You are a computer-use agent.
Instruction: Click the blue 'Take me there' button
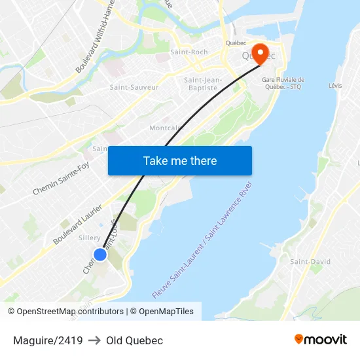click(x=180, y=160)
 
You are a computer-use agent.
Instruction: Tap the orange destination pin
click(x=260, y=54)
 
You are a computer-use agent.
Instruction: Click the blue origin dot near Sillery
click(x=99, y=255)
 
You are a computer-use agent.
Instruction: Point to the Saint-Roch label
click(x=189, y=52)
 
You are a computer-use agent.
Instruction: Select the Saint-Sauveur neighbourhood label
click(x=134, y=87)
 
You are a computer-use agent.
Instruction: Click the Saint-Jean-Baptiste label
click(x=199, y=84)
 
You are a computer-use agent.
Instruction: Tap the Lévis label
click(x=335, y=86)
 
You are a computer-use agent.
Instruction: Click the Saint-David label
click(x=310, y=262)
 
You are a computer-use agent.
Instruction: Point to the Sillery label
click(x=89, y=238)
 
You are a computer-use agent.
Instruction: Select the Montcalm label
click(x=164, y=128)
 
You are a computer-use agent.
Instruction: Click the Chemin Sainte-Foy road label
click(x=60, y=179)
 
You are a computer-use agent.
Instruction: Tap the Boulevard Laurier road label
click(x=78, y=224)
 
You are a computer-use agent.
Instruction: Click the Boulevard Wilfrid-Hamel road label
click(x=96, y=36)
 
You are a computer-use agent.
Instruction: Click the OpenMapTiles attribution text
click(x=166, y=312)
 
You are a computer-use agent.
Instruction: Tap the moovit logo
click(x=320, y=339)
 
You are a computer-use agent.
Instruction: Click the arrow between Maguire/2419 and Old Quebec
click(x=94, y=340)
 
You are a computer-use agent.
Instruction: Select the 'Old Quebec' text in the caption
click(x=134, y=340)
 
